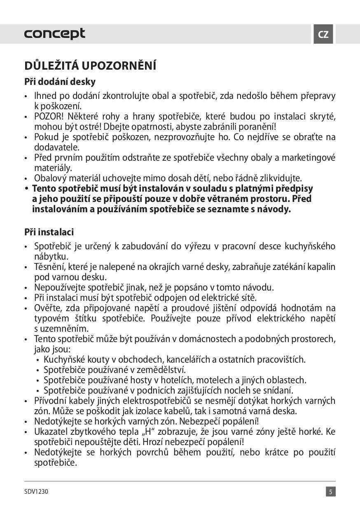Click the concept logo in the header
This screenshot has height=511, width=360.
pyautogui.click(x=54, y=34)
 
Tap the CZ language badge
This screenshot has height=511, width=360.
pyautogui.click(x=323, y=34)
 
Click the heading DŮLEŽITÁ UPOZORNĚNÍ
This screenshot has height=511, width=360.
pyautogui.click(x=90, y=66)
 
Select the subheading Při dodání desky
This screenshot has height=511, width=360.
pyautogui.click(x=60, y=82)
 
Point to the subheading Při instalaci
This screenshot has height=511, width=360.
pyautogui.click(x=49, y=232)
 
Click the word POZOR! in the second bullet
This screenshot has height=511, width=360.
pyautogui.click(x=47, y=117)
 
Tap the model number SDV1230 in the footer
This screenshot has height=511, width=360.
pyautogui.click(x=36, y=492)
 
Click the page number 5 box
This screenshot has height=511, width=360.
pyautogui.click(x=331, y=492)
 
